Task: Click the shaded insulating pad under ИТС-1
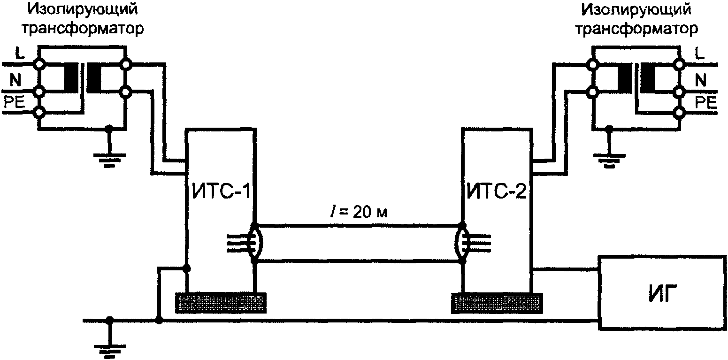point(221,302)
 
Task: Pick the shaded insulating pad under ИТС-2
point(498,302)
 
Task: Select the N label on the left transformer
point(15,82)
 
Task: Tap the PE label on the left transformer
point(14,103)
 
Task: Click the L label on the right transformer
point(699,54)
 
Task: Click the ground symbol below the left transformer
point(109,157)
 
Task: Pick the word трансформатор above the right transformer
point(636,29)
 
